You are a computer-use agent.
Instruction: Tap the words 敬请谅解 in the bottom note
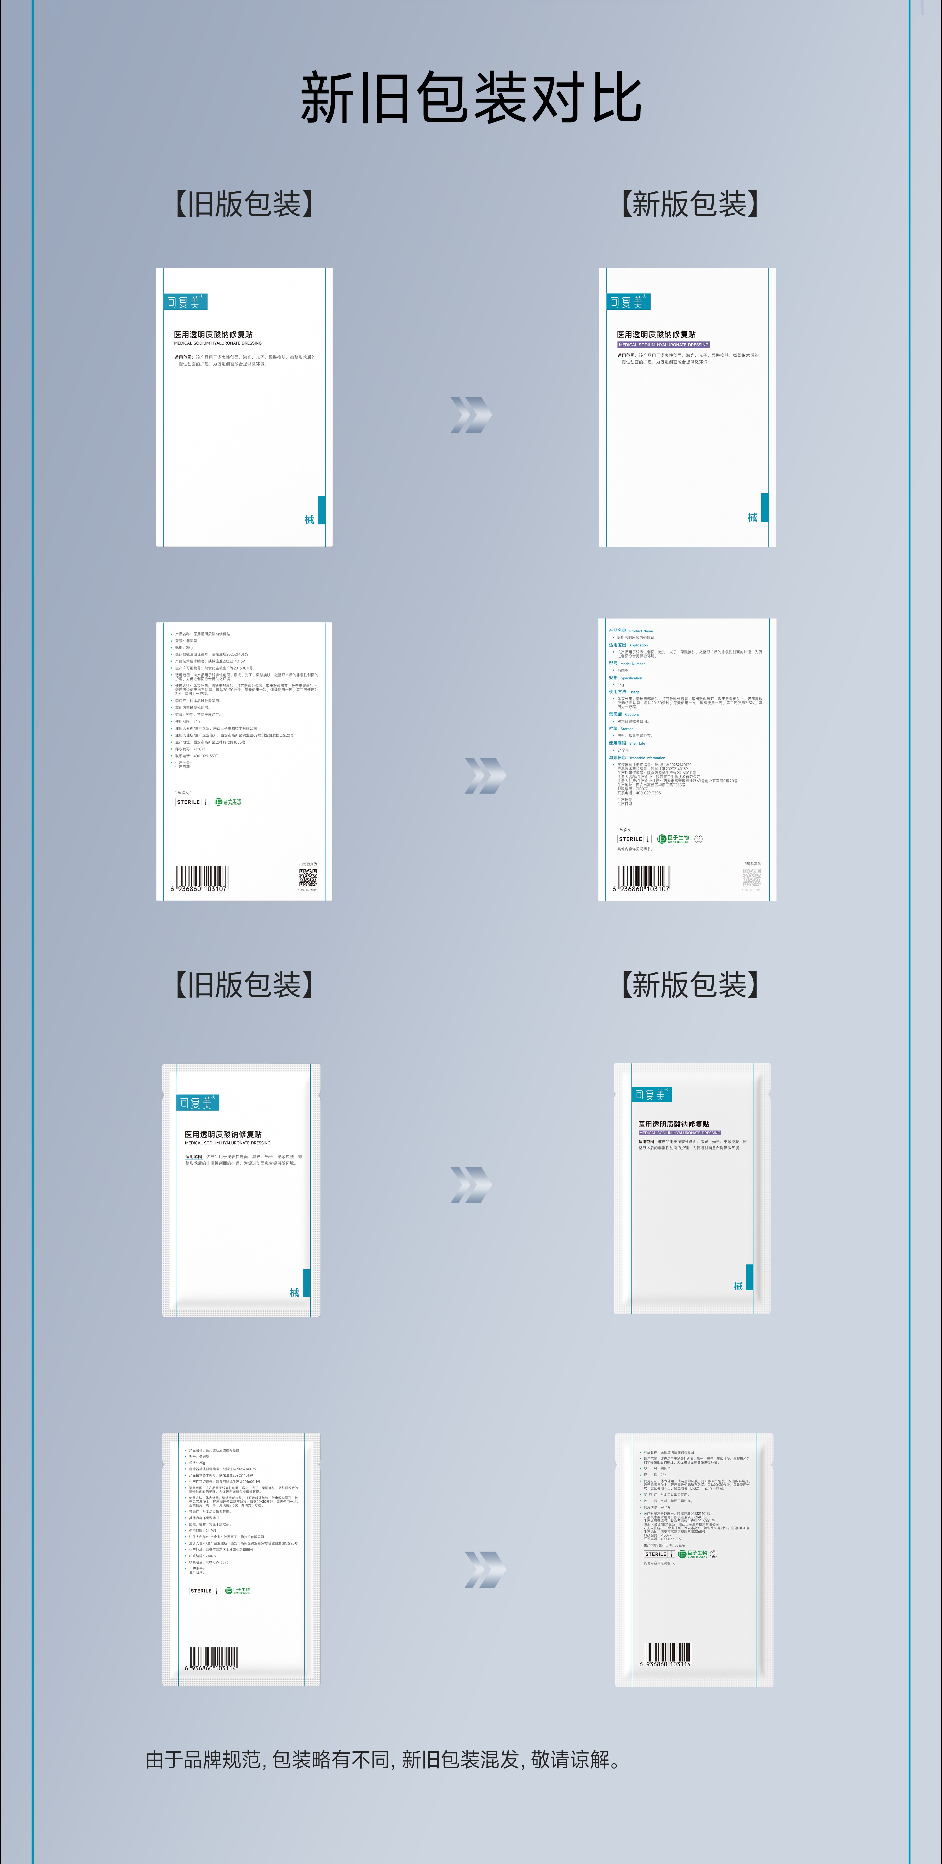click(571, 1760)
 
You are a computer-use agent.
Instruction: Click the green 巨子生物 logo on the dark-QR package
click(229, 802)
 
